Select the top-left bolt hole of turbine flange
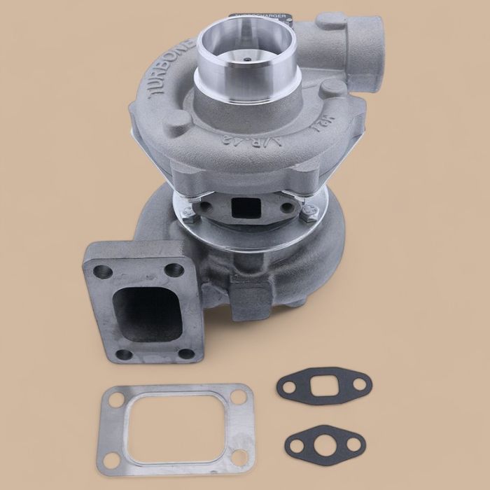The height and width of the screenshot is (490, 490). coord(106,268)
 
